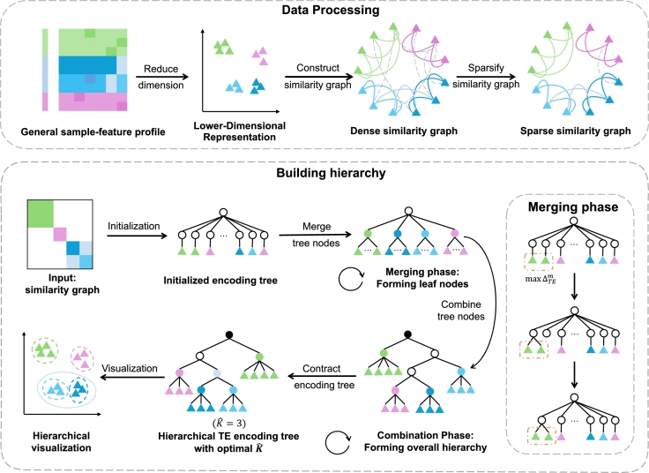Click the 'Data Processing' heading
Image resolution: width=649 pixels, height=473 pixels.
(331, 10)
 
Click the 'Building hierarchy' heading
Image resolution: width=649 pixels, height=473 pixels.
(331, 173)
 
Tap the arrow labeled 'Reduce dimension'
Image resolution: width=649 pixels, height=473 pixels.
(162, 77)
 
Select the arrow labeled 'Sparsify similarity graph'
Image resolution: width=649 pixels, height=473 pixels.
(486, 77)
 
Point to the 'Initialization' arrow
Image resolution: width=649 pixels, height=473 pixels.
(137, 236)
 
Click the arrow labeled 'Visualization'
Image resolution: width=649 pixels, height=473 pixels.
(133, 377)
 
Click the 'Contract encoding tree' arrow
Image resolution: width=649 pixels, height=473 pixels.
(322, 377)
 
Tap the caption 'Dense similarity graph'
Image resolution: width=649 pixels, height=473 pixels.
(404, 131)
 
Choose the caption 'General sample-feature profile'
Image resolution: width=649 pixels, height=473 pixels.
(93, 131)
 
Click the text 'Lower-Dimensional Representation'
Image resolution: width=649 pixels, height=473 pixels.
(240, 131)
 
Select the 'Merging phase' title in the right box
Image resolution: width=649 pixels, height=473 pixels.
(573, 206)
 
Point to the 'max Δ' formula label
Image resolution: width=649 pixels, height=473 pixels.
(541, 279)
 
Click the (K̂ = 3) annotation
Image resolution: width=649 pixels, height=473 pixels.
(229, 424)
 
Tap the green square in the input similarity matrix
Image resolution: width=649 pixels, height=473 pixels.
(41, 214)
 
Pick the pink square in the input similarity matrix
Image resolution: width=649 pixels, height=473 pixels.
(60, 234)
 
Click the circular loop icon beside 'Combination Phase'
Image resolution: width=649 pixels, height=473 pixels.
(338, 442)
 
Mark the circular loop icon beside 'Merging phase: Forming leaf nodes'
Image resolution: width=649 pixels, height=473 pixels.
(351, 278)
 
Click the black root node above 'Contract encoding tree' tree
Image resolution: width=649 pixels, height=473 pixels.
(407, 334)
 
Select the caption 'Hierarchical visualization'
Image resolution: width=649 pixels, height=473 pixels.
(61, 441)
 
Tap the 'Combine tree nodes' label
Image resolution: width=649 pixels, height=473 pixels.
(461, 311)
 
